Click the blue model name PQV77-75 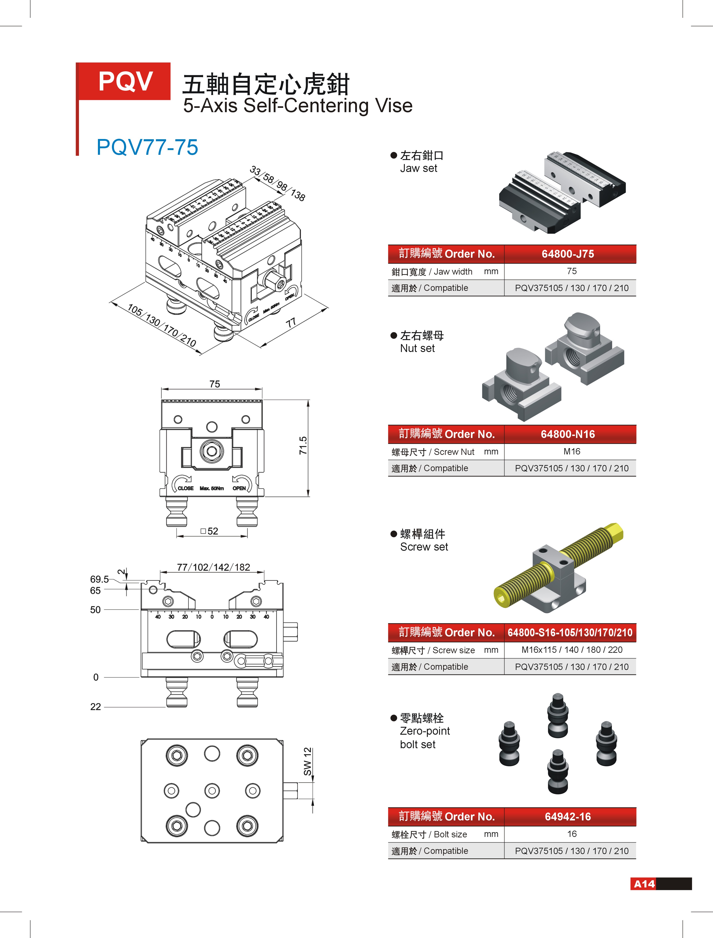click(147, 147)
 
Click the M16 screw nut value click(572, 452)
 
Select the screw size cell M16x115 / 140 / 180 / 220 click(572, 650)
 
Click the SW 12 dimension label click(308, 762)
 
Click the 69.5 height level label click(99, 579)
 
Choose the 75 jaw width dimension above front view click(215, 384)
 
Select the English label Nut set click(417, 348)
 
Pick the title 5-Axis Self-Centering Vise click(298, 106)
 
